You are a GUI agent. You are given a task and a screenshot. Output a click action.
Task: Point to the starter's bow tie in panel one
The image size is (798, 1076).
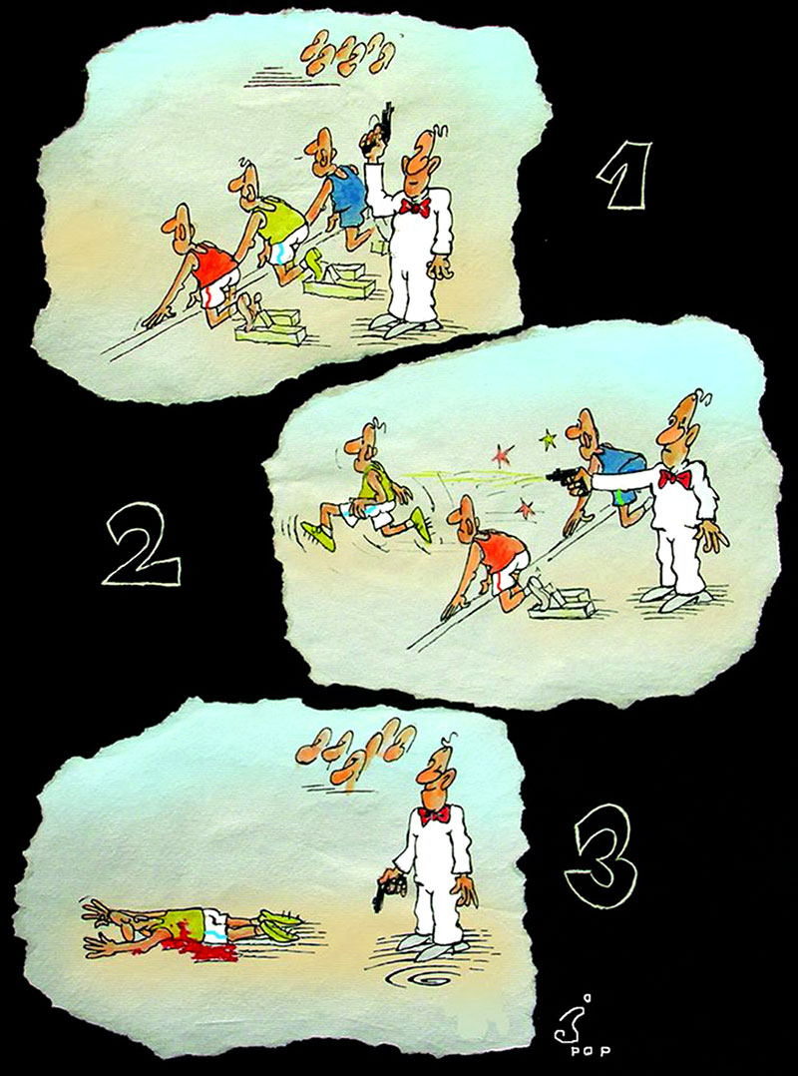[415, 206]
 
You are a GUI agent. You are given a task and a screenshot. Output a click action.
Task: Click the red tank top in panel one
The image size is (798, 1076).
[213, 265]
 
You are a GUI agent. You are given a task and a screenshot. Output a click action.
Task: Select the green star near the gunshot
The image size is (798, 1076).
[548, 437]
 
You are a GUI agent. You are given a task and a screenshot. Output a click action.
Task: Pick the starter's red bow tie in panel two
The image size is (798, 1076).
[674, 477]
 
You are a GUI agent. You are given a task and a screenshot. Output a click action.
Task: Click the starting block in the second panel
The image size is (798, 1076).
[559, 603]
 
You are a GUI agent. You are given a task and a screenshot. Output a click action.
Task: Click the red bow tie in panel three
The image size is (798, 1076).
[433, 814]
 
